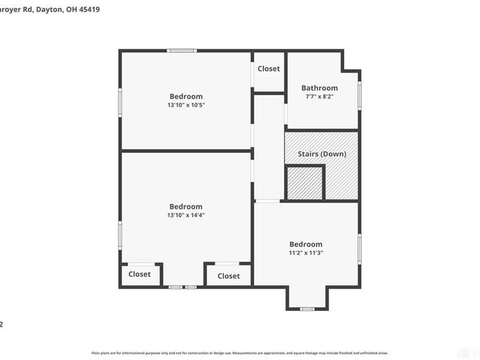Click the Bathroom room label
tap(319, 88)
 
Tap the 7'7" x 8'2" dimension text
tap(319, 96)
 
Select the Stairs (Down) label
tap(322, 154)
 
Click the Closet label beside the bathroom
tap(268, 68)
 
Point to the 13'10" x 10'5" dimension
tap(186, 105)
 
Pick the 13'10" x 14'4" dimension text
tap(186, 215)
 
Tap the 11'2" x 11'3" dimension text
tap(306, 253)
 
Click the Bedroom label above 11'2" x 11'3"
tap(306, 244)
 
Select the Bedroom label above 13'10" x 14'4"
tap(186, 206)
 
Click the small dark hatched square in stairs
tap(304, 183)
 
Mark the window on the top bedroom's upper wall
tap(182, 51)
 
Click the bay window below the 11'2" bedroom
tap(308, 308)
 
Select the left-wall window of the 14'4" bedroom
tap(120, 235)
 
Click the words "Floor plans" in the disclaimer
tap(100, 353)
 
